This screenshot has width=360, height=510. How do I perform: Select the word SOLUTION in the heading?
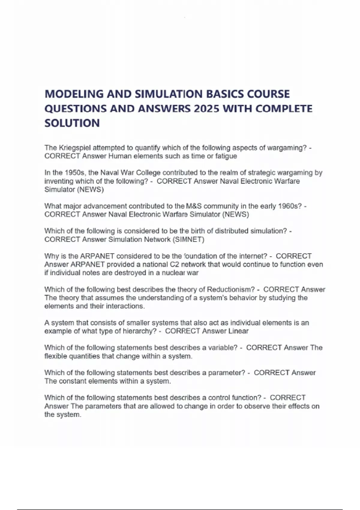click(72, 123)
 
